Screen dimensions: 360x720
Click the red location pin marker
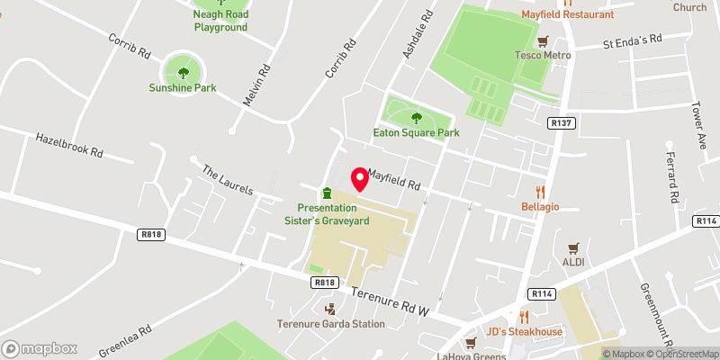point(358,179)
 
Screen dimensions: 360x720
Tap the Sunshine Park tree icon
point(184,73)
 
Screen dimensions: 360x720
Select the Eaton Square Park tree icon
point(416,117)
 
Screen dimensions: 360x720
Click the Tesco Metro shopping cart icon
point(543,41)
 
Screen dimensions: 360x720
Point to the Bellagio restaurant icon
point(540,191)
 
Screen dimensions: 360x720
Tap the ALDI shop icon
point(573,247)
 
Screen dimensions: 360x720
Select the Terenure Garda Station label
point(324,324)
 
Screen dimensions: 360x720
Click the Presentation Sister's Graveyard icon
point(327,193)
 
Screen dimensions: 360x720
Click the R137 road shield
point(560,121)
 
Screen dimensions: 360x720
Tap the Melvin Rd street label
point(254,85)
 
